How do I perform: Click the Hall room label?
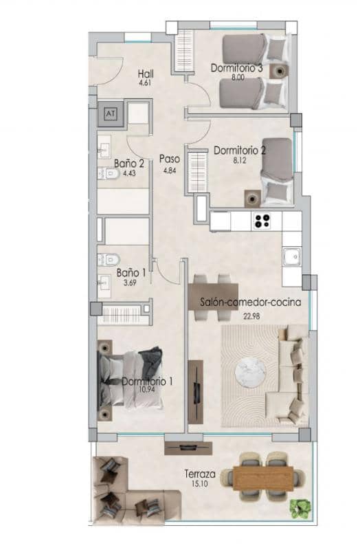click(x=144, y=74)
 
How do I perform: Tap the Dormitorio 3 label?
click(x=237, y=68)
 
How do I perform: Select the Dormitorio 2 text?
click(x=240, y=149)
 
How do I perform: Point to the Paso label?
click(x=170, y=158)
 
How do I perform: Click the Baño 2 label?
click(x=129, y=164)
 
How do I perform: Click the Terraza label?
click(x=201, y=474)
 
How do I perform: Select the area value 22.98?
click(x=254, y=316)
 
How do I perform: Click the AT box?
click(x=111, y=113)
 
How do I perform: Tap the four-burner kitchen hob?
click(x=262, y=221)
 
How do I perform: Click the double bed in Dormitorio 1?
click(x=131, y=378)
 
